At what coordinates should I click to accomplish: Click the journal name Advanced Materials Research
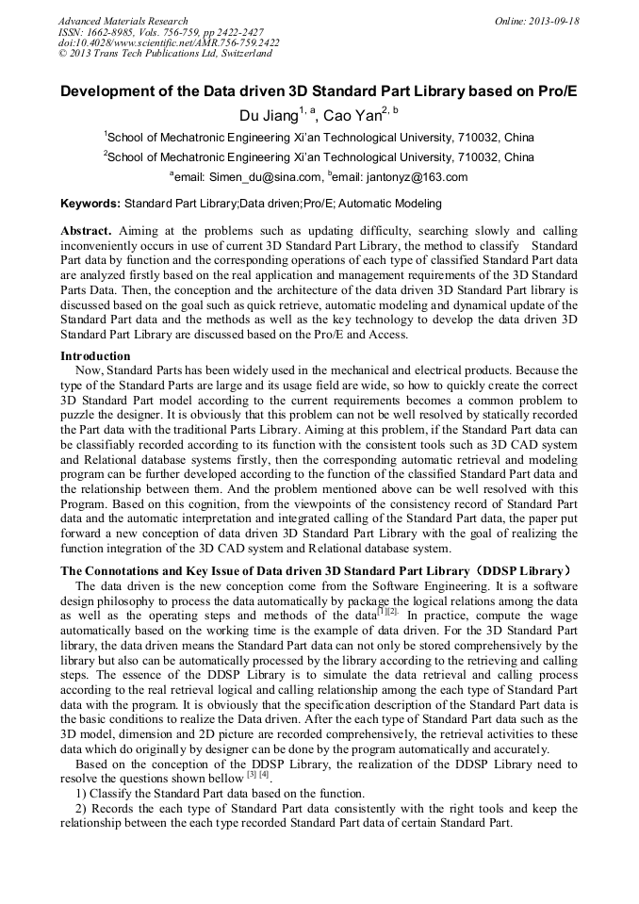click(123, 21)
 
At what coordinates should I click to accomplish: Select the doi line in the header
click(168, 42)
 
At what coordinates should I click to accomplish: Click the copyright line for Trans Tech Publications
click(165, 54)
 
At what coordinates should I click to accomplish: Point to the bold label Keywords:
click(90, 203)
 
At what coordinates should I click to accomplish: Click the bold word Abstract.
click(86, 231)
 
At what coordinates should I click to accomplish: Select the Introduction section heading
click(95, 356)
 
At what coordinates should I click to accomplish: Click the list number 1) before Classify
click(81, 795)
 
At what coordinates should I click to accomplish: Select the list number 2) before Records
click(81, 809)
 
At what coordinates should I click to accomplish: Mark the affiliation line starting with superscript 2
click(319, 157)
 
